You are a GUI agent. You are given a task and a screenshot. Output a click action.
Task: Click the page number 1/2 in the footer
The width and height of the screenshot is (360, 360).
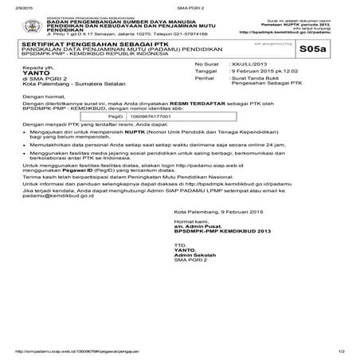click(x=340, y=351)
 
